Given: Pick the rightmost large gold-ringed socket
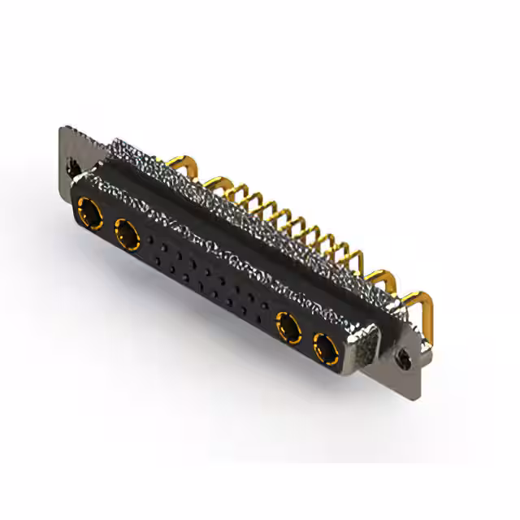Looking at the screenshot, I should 324,349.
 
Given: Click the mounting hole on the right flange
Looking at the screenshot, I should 401,356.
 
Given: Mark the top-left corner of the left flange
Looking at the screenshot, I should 64,128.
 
